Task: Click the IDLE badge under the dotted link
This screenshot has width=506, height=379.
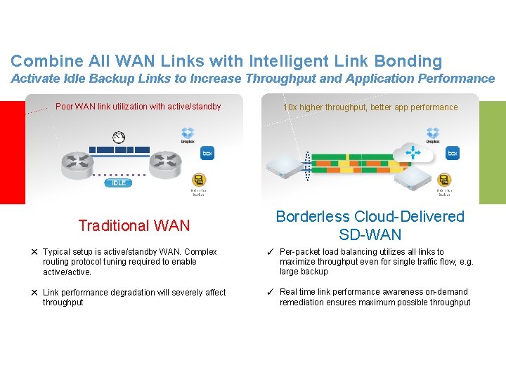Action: (x=119, y=183)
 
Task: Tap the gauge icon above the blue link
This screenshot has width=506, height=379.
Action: (x=119, y=137)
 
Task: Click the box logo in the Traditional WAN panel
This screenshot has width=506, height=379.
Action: (x=207, y=152)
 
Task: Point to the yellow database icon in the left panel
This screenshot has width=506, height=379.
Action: (x=199, y=180)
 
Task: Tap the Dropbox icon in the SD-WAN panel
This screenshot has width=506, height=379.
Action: (x=433, y=133)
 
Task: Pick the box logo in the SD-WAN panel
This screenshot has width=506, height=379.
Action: (x=453, y=152)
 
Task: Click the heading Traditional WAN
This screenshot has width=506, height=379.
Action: (x=134, y=225)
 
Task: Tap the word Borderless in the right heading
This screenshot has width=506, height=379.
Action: (x=312, y=216)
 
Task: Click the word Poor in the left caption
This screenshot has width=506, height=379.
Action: (x=64, y=107)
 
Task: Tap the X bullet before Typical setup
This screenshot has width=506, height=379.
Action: (x=33, y=252)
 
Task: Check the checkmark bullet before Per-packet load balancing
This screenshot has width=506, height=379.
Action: (x=270, y=252)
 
